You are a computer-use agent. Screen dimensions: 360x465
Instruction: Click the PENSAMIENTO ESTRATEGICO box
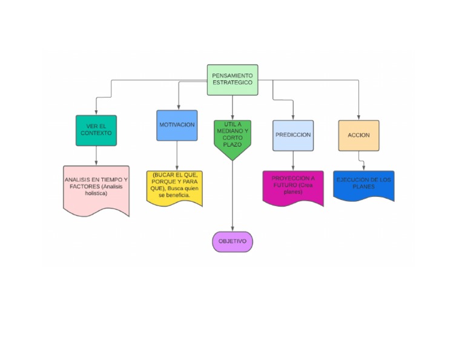pyautogui.click(x=232, y=79)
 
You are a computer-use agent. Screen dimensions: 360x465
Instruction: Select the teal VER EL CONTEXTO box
pyautogui.click(x=96, y=130)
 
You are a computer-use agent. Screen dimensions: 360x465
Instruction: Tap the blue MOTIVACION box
pyautogui.click(x=177, y=125)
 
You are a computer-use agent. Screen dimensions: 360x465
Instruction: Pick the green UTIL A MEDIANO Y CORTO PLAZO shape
pyautogui.click(x=232, y=138)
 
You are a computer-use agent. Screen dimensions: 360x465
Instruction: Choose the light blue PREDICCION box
pyautogui.click(x=293, y=135)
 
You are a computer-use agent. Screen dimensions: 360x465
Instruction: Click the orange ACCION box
pyautogui.click(x=358, y=135)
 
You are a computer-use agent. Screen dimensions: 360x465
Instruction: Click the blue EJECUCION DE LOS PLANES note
pyautogui.click(x=363, y=185)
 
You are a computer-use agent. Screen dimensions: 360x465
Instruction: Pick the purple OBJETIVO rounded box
pyautogui.click(x=232, y=241)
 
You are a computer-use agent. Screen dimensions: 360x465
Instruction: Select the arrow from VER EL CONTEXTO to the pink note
pyautogui.click(x=96, y=156)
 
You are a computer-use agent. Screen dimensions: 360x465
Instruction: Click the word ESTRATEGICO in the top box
pyautogui.click(x=232, y=82)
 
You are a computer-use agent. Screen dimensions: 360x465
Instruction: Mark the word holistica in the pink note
pyautogui.click(x=96, y=193)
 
